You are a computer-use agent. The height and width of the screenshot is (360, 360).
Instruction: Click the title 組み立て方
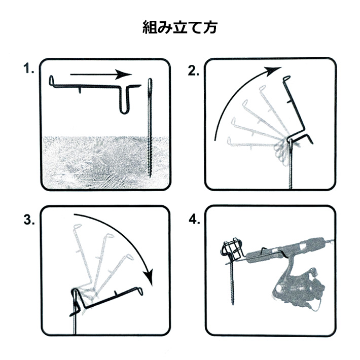click(179, 28)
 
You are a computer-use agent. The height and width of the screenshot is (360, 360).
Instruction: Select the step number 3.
click(28, 220)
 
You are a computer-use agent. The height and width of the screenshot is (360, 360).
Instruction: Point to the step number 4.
click(194, 220)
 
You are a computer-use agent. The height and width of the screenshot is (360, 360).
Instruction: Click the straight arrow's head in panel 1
click(124, 75)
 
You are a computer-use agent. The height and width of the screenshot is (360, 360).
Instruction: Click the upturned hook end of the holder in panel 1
click(51, 81)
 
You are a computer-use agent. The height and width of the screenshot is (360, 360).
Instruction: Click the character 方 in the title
click(210, 28)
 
